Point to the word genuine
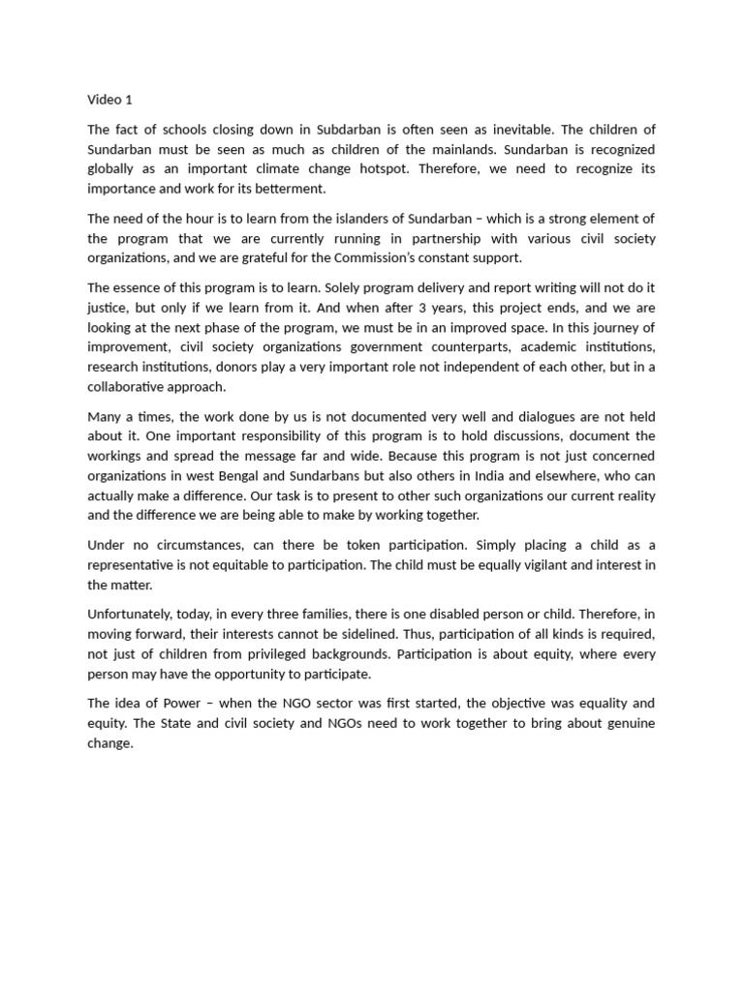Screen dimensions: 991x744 [x=616, y=723]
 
